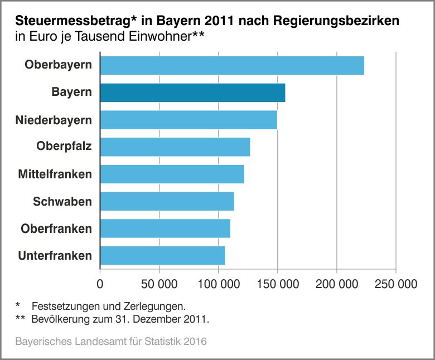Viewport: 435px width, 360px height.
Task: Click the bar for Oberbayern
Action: coord(232,65)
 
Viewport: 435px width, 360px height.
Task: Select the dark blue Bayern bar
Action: coord(192,93)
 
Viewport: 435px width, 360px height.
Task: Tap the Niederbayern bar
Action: coord(188,120)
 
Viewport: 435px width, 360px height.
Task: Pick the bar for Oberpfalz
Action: coord(175,147)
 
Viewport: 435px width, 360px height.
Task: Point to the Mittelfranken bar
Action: coord(172,174)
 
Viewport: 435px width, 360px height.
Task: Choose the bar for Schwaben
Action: coord(167,201)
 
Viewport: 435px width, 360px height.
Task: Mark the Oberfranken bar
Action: coord(165,228)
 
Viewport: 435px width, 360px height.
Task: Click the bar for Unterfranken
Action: coord(162,256)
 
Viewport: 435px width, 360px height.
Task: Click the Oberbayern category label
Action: coord(58,65)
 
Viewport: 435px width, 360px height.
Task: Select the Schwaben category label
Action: coord(62,201)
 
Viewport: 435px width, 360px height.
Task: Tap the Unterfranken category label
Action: coord(55,256)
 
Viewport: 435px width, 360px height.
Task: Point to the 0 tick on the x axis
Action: coord(100,284)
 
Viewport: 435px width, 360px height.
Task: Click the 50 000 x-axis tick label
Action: coord(159,284)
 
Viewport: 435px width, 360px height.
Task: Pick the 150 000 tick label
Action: coord(277,284)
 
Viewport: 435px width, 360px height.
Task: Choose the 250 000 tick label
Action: coord(395,284)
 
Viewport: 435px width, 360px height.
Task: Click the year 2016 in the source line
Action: coord(195,340)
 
